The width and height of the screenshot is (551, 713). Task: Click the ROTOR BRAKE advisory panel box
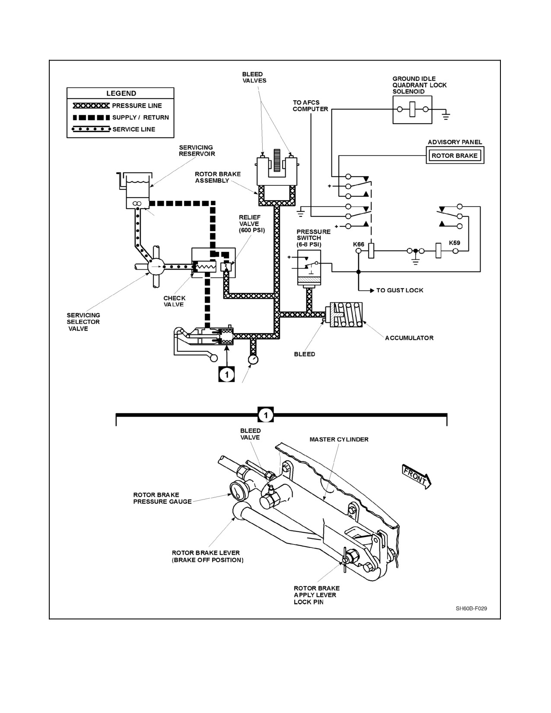[455, 156]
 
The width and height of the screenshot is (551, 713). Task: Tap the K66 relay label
[358, 245]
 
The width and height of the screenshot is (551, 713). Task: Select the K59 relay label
[455, 243]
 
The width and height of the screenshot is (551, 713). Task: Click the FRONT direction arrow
[417, 477]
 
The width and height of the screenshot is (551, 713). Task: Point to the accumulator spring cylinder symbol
[344, 315]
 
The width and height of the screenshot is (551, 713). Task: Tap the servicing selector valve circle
[156, 267]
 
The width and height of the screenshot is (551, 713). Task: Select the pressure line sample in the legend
[91, 106]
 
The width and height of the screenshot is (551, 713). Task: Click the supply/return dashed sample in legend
[91, 118]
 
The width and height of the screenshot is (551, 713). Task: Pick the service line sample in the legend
[91, 129]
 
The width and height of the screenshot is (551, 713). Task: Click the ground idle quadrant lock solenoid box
[413, 110]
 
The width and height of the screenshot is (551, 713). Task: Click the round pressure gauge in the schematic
[253, 359]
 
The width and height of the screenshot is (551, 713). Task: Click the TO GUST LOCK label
[400, 290]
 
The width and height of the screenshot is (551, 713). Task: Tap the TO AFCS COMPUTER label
[310, 106]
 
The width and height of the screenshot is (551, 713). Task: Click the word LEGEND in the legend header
[121, 93]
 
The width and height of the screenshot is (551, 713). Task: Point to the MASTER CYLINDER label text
[339, 439]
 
